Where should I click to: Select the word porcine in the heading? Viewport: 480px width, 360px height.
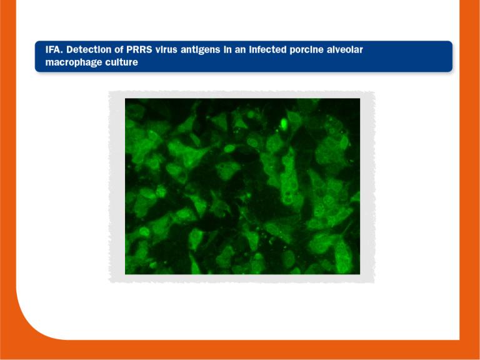(x=332, y=49)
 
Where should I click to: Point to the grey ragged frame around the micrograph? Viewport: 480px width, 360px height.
(x=117, y=187)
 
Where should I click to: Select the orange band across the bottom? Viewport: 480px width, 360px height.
(x=250, y=350)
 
